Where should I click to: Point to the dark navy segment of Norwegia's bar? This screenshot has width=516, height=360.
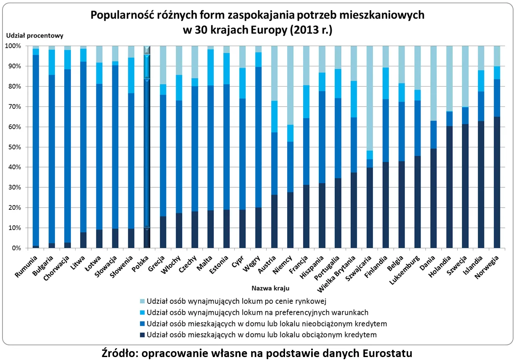pyautogui.click(x=497, y=181)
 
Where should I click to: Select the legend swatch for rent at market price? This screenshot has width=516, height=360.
pyautogui.click(x=142, y=301)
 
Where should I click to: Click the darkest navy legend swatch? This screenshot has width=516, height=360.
pyautogui.click(x=142, y=335)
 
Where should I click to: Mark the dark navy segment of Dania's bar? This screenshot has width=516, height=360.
pyautogui.click(x=434, y=198)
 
